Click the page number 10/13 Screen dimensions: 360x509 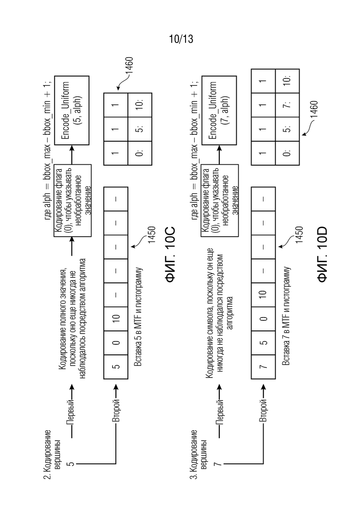pyautogui.click(x=181, y=39)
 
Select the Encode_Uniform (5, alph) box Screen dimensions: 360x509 pyautogui.click(x=72, y=110)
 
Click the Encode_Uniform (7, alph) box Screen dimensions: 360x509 pyautogui.click(x=219, y=110)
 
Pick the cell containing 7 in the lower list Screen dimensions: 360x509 pyautogui.click(x=263, y=367)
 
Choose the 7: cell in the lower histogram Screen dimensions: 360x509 pyautogui.click(x=287, y=105)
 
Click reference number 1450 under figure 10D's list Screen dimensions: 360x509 pyautogui.click(x=299, y=235)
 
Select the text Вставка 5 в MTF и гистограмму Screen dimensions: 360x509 pyautogui.click(x=138, y=317)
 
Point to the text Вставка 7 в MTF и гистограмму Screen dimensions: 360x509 pyautogui.click(x=286, y=316)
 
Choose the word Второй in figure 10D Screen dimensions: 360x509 pyautogui.click(x=263, y=411)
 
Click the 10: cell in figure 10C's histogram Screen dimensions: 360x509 pyautogui.click(x=140, y=105)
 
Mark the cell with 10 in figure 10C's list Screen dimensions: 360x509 pyautogui.click(x=116, y=319)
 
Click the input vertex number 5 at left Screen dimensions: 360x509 pyautogui.click(x=71, y=464)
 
